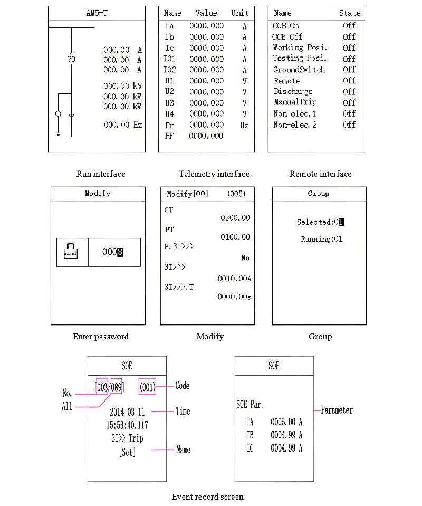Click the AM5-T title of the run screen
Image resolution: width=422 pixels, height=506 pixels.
click(97, 13)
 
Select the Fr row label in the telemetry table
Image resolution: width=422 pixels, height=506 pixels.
click(169, 125)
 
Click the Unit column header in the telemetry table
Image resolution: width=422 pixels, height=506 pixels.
click(240, 13)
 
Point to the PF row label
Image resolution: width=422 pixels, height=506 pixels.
click(169, 136)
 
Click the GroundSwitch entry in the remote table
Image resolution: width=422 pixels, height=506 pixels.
click(299, 70)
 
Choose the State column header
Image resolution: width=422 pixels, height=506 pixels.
click(350, 13)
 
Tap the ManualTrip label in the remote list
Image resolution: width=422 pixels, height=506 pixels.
click(295, 102)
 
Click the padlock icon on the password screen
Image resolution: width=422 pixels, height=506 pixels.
click(70, 251)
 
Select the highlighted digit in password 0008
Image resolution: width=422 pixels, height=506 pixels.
click(120, 252)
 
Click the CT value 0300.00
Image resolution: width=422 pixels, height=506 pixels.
click(235, 217)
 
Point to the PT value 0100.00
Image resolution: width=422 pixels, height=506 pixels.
click(235, 237)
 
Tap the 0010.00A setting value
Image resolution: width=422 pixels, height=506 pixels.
click(234, 278)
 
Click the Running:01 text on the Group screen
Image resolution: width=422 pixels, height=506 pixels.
click(321, 239)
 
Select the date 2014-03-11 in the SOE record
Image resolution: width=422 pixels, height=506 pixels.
click(127, 412)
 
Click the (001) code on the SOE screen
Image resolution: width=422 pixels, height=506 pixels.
click(148, 387)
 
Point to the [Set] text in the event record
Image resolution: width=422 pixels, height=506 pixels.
click(127, 452)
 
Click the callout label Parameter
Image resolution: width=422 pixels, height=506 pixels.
click(337, 410)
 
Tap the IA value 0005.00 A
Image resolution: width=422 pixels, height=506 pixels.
click(286, 422)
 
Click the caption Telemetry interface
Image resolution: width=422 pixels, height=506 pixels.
click(214, 174)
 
